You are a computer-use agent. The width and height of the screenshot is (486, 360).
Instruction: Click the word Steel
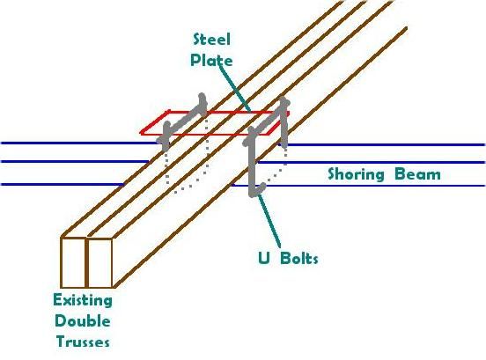(x=211, y=40)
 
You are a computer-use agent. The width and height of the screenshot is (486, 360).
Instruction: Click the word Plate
(x=211, y=60)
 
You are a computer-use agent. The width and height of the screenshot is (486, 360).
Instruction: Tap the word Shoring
(x=356, y=174)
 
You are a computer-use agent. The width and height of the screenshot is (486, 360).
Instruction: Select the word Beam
(x=417, y=174)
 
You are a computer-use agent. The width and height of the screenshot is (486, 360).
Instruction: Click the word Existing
(x=83, y=300)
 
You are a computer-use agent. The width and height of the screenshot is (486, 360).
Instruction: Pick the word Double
(x=83, y=321)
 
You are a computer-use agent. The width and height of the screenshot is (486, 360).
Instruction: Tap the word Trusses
(x=83, y=342)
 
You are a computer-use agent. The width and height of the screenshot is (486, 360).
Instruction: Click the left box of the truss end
(x=73, y=262)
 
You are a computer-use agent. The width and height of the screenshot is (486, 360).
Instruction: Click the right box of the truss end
(x=99, y=263)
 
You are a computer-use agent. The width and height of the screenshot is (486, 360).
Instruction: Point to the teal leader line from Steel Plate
(x=234, y=87)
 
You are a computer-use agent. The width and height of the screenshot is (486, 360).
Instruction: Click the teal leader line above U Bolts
(x=269, y=220)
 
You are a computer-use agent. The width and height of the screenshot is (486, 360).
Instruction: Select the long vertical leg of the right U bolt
(x=252, y=165)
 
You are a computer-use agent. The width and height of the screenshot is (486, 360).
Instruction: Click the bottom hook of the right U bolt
(x=258, y=189)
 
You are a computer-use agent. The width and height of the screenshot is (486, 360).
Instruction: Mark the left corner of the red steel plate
(x=142, y=134)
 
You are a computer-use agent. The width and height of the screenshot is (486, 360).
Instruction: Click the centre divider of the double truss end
(x=87, y=262)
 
